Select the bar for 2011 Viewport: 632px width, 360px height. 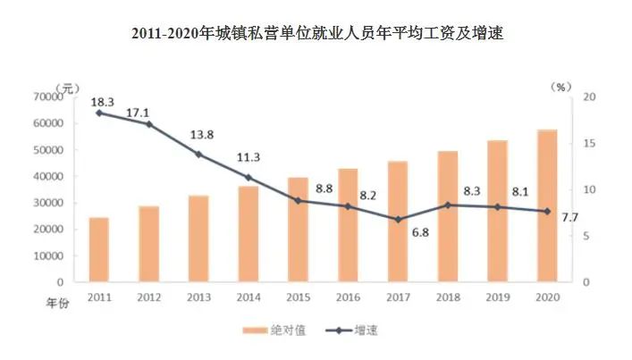click(98, 249)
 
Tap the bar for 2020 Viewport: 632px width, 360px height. click(547, 206)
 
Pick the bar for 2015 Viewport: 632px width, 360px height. click(298, 230)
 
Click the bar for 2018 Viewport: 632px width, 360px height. click(447, 216)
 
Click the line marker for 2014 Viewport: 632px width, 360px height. click(248, 178)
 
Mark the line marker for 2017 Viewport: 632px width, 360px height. click(398, 219)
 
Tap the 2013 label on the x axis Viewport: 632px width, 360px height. click(198, 297)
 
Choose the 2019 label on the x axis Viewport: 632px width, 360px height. click(497, 297)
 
